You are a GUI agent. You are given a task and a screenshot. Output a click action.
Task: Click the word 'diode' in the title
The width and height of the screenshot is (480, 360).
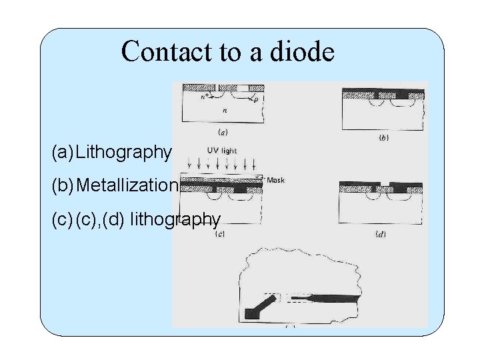click(301, 51)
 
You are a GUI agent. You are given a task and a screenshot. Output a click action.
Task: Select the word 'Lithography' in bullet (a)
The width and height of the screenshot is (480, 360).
click(123, 153)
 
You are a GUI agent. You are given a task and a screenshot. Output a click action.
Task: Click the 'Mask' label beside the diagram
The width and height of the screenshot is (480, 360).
click(275, 181)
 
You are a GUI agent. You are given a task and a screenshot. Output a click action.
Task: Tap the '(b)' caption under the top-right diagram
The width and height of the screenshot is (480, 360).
click(383, 138)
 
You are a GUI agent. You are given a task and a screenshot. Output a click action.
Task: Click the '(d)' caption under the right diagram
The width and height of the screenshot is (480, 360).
click(380, 235)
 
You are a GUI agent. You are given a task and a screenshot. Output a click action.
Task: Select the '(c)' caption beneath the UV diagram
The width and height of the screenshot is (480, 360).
click(218, 234)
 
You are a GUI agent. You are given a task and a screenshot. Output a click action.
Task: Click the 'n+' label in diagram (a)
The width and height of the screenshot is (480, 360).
click(205, 97)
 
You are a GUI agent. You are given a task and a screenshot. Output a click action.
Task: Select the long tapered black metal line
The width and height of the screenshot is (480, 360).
click(333, 297)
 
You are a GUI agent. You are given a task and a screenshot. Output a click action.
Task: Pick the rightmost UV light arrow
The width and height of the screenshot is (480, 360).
click(254, 164)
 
